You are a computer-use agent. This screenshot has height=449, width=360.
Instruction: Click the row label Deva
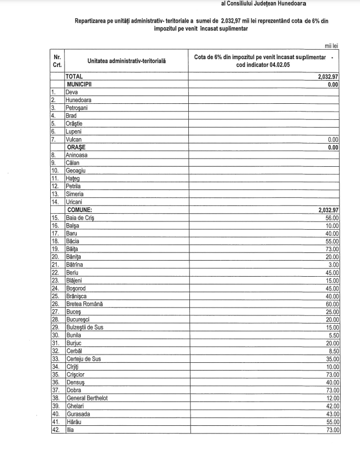tap(72, 93)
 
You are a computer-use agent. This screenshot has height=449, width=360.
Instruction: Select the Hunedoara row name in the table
tap(78, 101)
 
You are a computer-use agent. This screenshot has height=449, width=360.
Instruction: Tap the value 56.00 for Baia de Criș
tap(331, 218)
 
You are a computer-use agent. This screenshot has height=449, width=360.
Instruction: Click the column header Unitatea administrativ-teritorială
tap(126, 60)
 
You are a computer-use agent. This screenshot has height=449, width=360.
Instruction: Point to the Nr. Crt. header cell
tap(57, 61)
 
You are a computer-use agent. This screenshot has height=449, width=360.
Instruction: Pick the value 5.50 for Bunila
tap(332, 335)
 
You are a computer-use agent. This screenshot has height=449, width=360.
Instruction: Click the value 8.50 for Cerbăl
tap(332, 351)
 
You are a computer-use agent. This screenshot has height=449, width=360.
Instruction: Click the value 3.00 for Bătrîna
tap(333, 265)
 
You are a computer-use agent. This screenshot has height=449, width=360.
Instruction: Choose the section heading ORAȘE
tap(77, 147)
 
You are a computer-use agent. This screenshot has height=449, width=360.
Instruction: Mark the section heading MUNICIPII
tap(82, 85)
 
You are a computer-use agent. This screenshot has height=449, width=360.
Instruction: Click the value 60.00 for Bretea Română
tap(331, 304)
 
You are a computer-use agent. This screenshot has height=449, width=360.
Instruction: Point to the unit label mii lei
tap(331, 46)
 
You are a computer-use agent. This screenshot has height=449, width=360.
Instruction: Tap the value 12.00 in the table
tap(331, 398)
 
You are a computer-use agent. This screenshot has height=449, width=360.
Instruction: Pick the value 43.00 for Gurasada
tap(331, 414)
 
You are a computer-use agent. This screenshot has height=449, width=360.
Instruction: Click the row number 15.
tap(55, 218)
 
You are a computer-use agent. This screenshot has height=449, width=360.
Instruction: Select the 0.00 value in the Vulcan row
tap(333, 140)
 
